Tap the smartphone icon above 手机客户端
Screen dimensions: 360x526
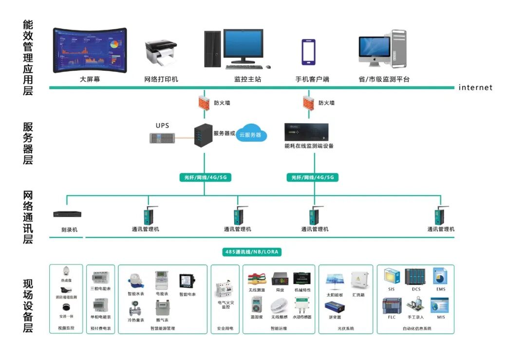[308, 52]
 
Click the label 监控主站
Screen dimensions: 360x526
[247, 79]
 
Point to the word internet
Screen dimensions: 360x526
[475, 88]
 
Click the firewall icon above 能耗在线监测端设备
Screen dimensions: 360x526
[308, 103]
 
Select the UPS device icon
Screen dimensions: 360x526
[163, 138]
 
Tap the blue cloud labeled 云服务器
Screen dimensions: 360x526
[252, 133]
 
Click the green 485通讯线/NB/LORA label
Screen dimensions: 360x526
[253, 252]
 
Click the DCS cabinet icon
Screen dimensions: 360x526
[415, 277]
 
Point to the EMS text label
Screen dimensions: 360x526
[440, 289]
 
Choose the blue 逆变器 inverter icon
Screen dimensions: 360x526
[335, 307]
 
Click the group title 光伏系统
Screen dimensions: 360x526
[346, 329]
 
